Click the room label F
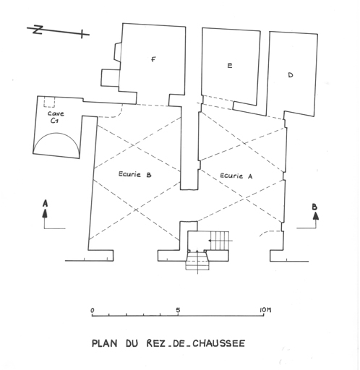(x=153, y=59)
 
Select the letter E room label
(x=230, y=65)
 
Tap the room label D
(x=291, y=75)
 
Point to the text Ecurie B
(x=134, y=174)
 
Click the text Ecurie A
(x=236, y=176)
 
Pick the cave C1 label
(x=56, y=117)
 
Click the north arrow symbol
(x=58, y=31)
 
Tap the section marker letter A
(x=45, y=204)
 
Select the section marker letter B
(x=314, y=207)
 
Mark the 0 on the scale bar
(x=93, y=310)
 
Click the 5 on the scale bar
(x=178, y=310)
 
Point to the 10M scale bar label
(x=265, y=310)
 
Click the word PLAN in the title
(x=105, y=343)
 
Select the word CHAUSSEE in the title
(x=219, y=343)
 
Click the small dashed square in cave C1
(x=49, y=102)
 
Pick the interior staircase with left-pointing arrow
(x=219, y=241)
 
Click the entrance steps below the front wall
(x=197, y=261)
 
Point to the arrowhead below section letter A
(x=45, y=214)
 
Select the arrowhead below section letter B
(x=316, y=215)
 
